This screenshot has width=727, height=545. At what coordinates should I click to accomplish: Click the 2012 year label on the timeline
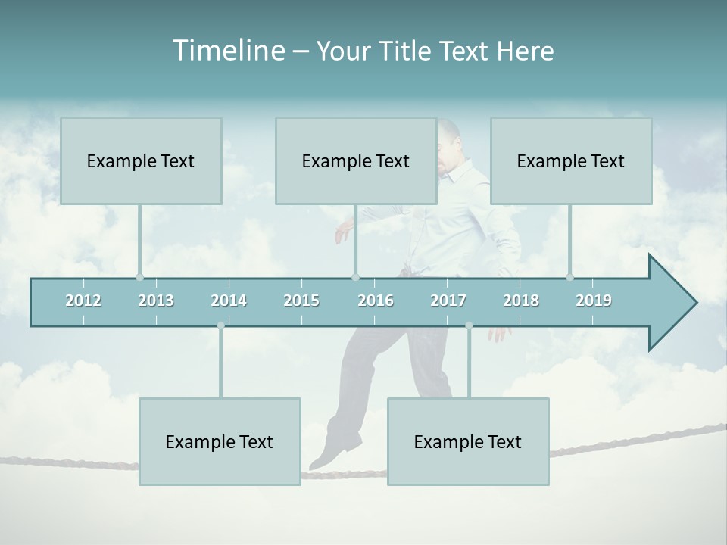click(x=83, y=301)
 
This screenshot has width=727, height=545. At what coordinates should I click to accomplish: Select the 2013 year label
click(x=156, y=301)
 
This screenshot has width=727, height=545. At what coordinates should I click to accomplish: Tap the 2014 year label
click(x=229, y=301)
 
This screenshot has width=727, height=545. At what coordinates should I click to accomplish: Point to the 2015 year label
click(x=301, y=301)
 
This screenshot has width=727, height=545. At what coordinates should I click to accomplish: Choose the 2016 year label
click(x=376, y=301)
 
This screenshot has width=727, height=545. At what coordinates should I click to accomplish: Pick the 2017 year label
click(x=448, y=301)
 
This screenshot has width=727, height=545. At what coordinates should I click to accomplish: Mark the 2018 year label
click(x=521, y=301)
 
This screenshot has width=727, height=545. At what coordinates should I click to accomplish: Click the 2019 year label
click(x=594, y=301)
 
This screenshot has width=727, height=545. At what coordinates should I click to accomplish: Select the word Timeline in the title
click(x=227, y=51)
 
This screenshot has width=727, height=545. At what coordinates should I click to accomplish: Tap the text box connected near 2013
click(x=141, y=160)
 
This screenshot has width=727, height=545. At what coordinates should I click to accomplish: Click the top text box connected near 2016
click(x=356, y=160)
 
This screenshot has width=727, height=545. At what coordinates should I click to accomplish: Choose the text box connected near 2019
click(x=571, y=160)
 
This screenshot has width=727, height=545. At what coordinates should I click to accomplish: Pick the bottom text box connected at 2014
click(x=220, y=441)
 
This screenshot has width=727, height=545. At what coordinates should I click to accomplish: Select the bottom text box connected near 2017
click(x=468, y=441)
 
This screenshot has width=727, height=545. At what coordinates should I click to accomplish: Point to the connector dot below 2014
click(x=220, y=325)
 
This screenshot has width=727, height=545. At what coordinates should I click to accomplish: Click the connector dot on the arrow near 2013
click(x=139, y=277)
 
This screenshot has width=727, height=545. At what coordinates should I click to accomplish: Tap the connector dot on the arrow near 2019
click(x=569, y=277)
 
